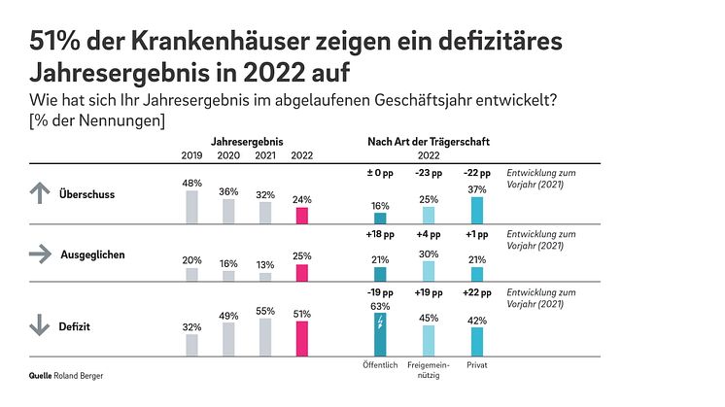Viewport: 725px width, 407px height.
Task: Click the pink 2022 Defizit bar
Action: click(301, 339)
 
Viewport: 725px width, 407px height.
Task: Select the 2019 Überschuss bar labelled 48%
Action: click(191, 207)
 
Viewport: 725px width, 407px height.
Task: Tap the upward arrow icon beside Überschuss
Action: click(39, 193)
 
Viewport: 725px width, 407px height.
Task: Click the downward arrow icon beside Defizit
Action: click(39, 327)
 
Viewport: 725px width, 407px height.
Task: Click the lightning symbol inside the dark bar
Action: click(379, 322)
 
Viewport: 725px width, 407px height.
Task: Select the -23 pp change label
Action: click(428, 173)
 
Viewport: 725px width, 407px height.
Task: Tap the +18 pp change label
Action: click(379, 233)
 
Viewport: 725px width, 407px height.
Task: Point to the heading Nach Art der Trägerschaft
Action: click(429, 142)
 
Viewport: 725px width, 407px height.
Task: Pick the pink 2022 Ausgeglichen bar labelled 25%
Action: click(301, 273)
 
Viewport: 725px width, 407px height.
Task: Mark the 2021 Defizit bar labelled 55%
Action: click(265, 337)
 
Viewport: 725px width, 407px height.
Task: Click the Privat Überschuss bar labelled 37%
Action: click(476, 210)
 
